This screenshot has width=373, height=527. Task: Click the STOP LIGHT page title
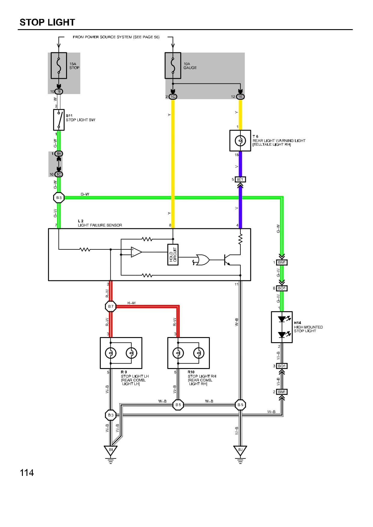click(47, 22)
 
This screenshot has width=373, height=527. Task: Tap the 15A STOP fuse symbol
click(59, 65)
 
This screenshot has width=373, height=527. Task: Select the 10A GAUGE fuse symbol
click(173, 65)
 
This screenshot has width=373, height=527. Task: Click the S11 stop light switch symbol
click(59, 120)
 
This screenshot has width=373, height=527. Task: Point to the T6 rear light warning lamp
click(240, 141)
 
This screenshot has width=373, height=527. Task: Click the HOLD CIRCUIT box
click(173, 254)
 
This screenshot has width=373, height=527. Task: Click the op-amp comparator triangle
click(136, 252)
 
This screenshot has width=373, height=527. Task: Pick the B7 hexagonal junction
click(111, 306)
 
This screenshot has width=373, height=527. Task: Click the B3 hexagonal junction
click(111, 415)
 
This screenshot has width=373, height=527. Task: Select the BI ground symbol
click(111, 451)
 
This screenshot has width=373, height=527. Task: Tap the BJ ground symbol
click(240, 451)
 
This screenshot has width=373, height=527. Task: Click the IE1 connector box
click(240, 179)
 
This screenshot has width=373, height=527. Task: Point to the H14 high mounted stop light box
click(282, 327)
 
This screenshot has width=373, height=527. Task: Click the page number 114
click(27, 473)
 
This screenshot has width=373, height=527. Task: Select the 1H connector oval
click(59, 154)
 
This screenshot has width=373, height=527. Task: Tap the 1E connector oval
click(240, 96)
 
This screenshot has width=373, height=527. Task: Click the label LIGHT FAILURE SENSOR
click(100, 225)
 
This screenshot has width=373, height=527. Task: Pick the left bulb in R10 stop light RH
click(178, 353)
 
